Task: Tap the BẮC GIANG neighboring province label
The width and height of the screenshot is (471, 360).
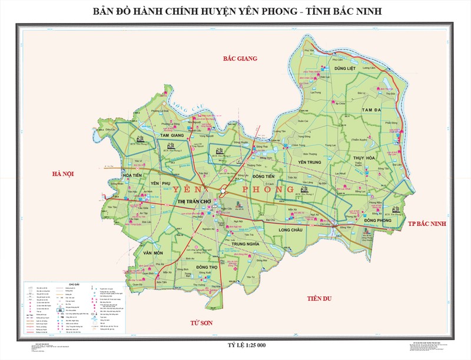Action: tap(242, 58)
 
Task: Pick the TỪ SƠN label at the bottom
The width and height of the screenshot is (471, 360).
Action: tap(200, 324)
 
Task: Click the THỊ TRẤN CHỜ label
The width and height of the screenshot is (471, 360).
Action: tap(194, 202)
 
